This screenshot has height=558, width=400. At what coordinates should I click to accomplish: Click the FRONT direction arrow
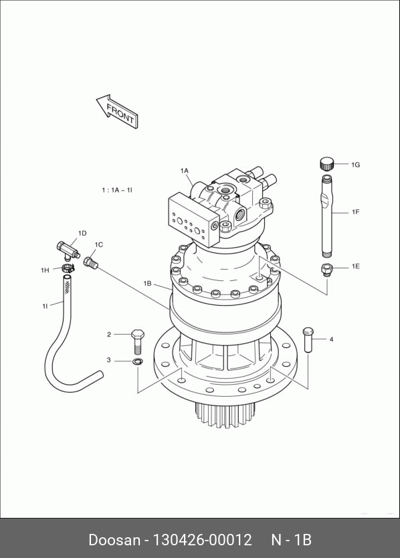[x=117, y=111]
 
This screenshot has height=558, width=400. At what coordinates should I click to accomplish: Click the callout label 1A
[x=184, y=171]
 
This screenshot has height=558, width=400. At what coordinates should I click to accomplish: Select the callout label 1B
[x=147, y=284]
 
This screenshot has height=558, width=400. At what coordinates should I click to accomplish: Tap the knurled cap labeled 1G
[x=326, y=164]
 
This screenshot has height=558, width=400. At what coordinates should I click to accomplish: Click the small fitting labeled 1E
[x=326, y=270]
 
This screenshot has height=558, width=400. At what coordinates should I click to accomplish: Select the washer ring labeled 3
[x=137, y=362]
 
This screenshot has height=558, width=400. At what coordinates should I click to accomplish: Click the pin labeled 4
[x=308, y=340]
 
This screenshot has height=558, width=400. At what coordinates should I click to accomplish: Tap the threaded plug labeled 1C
[x=90, y=263]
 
